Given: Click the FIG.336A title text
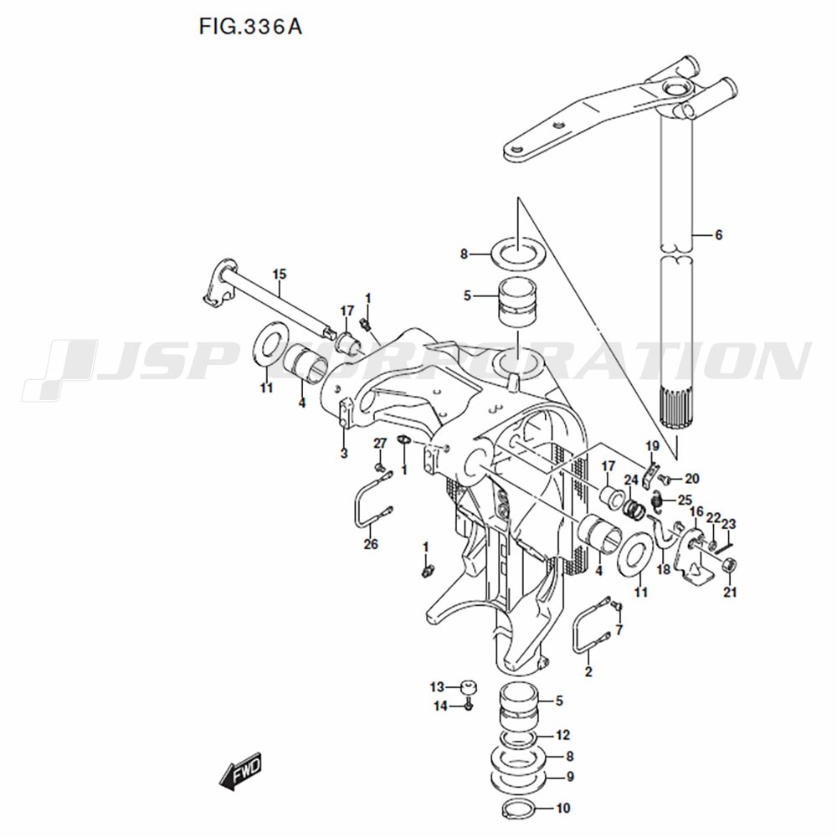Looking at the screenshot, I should coord(250,26).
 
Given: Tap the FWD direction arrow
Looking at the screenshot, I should coord(241,770).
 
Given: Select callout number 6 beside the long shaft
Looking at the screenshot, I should coord(717,235).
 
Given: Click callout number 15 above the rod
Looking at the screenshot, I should coord(279,274).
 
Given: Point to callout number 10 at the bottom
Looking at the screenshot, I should coord(562,809).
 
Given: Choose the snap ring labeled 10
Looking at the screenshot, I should coord(520,809).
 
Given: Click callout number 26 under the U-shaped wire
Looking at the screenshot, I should coord(371,544).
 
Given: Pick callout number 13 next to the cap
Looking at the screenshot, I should coord(437,687).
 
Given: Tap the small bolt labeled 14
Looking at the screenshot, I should coord(469,706).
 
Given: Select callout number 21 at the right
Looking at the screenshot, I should coord(730,593).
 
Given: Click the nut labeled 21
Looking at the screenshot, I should coord(729,566).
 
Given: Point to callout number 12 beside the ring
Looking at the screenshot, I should coord(562,736).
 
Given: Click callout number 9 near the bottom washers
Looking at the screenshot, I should coord(569,776).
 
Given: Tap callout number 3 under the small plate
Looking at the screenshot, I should coord(343,454).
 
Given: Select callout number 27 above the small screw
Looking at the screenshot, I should coord(379,443).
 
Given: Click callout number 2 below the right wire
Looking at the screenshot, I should coord(588,671).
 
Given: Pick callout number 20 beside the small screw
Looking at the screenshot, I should coord(691,479).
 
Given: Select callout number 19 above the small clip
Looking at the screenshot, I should coord(652,445).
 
